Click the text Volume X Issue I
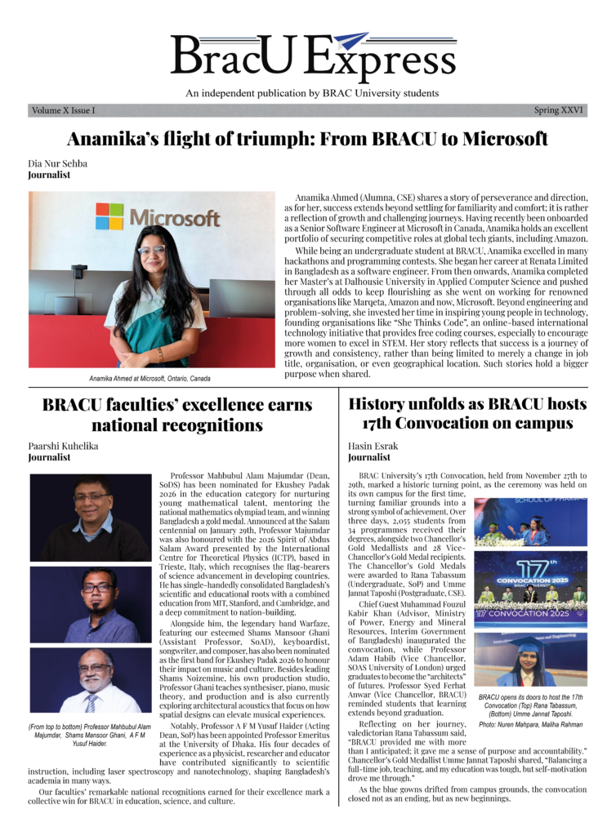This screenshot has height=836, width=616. pyautogui.click(x=63, y=110)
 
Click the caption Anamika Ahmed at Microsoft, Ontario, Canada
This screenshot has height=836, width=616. pyautogui.click(x=150, y=379)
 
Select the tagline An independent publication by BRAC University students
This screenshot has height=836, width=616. pyautogui.click(x=311, y=93)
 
